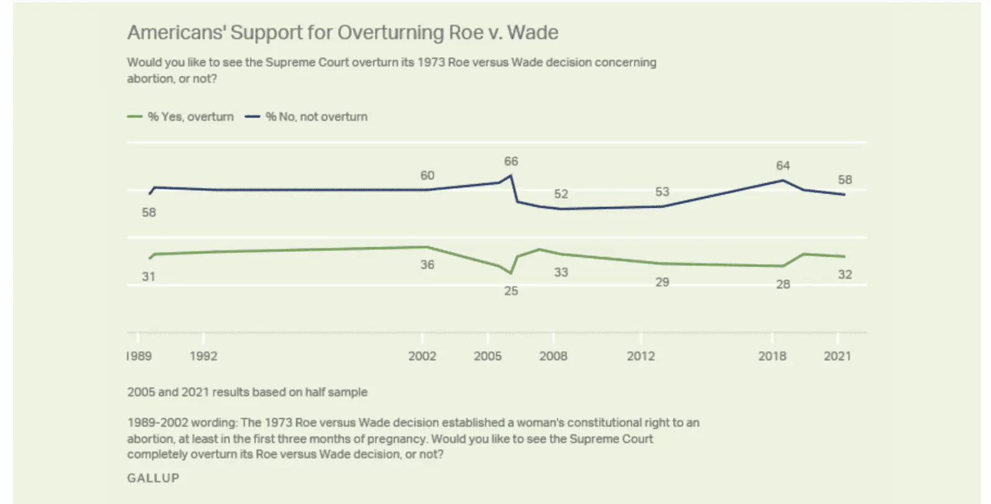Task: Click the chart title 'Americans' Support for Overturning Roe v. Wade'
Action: click(x=343, y=33)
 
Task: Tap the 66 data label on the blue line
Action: click(x=511, y=162)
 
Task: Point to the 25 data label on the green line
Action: click(x=511, y=291)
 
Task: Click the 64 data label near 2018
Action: click(x=783, y=166)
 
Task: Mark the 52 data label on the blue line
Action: click(x=561, y=194)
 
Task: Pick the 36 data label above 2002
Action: click(x=427, y=265)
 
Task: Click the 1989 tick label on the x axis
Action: click(x=139, y=356)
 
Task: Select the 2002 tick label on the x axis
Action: click(x=422, y=356)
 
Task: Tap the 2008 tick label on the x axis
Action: click(x=553, y=356)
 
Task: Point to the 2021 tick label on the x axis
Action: click(x=837, y=356)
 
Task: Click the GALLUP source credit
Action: click(x=153, y=478)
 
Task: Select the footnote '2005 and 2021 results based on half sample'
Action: click(x=247, y=392)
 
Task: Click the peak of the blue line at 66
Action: click(x=511, y=175)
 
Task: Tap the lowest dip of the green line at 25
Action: click(x=511, y=273)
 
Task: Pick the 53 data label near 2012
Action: click(x=662, y=192)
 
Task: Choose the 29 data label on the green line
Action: click(x=662, y=282)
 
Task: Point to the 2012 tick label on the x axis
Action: click(x=640, y=356)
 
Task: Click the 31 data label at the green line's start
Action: click(x=149, y=277)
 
